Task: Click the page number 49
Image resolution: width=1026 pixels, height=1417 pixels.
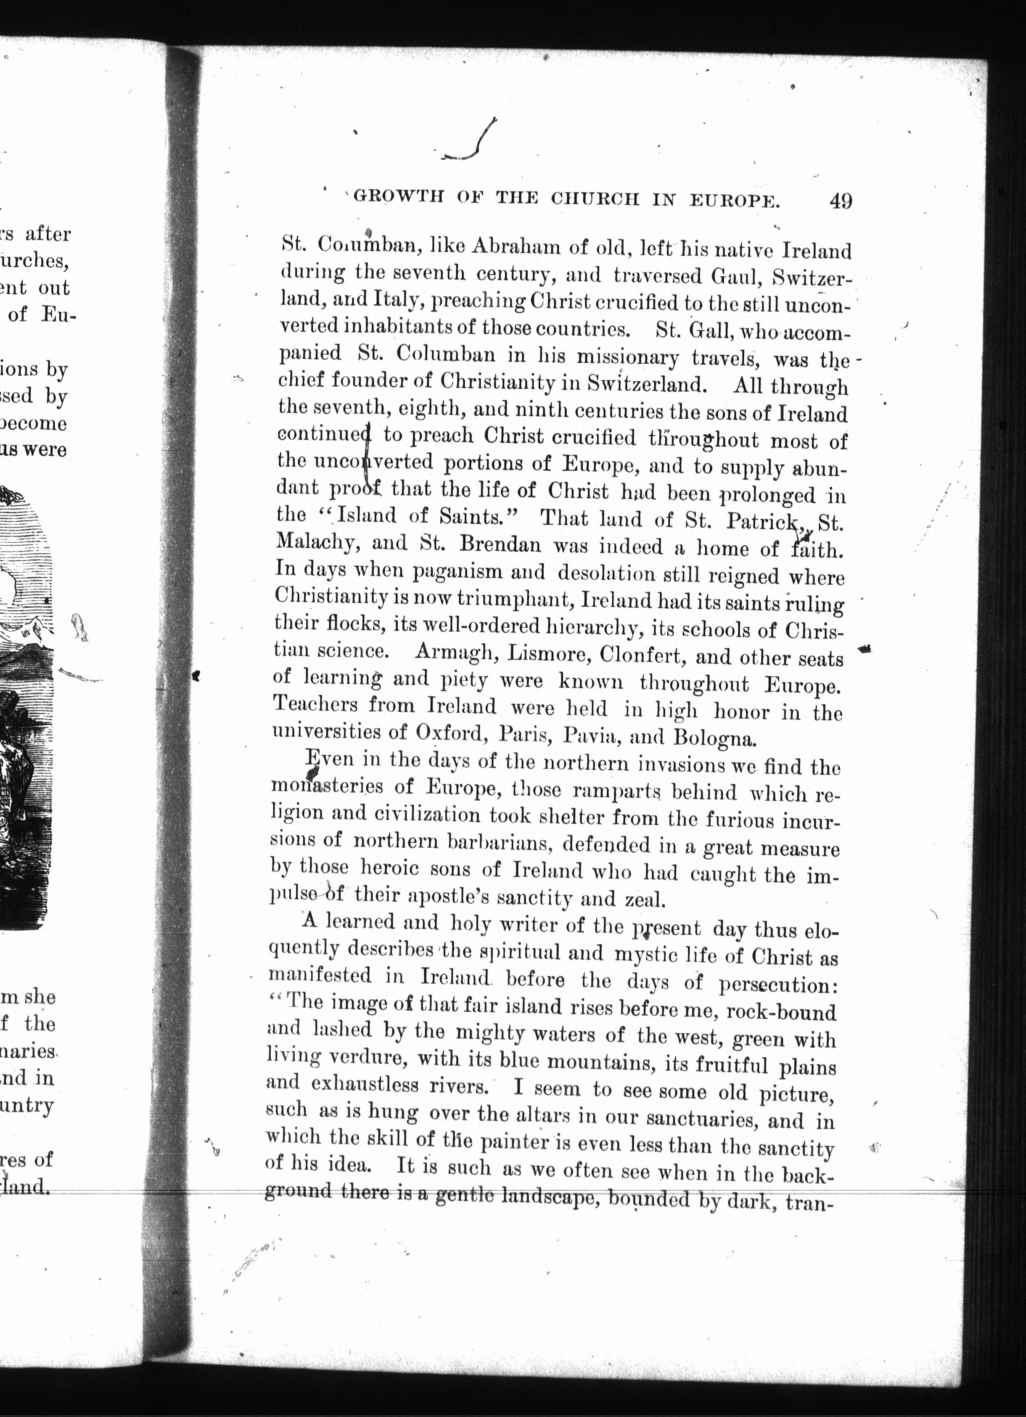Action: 841,201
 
